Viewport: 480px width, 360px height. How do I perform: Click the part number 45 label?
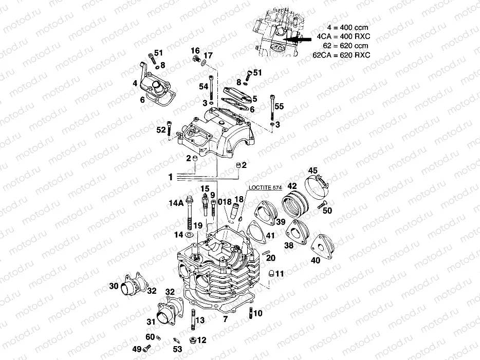coord(313,170)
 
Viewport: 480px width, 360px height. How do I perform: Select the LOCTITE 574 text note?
coord(265,187)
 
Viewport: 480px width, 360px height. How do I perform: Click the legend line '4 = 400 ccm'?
coord(347,26)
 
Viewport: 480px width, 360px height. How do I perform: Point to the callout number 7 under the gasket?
coord(225,319)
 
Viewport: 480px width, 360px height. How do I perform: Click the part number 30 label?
coord(114,286)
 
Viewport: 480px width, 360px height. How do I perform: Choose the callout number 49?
coord(137,349)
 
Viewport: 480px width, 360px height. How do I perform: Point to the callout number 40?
coord(315,260)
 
